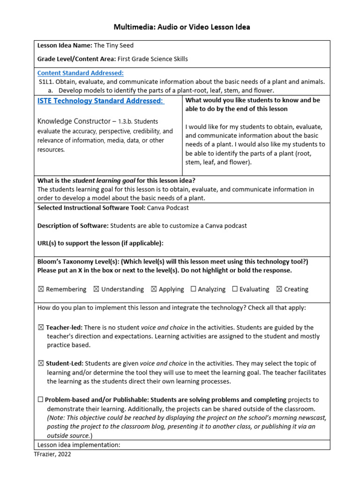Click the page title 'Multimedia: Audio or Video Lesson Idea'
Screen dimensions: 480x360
pos(182,27)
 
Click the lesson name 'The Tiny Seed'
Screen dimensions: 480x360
pos(114,46)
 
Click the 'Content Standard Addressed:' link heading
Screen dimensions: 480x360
pos(81,73)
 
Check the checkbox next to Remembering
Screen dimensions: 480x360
pos(41,289)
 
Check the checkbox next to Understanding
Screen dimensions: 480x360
pos(96,289)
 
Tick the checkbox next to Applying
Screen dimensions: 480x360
pos(154,289)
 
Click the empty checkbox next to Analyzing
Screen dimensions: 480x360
pos(193,289)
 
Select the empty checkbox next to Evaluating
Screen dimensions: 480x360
pos(235,289)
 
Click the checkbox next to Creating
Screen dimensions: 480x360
pos(279,289)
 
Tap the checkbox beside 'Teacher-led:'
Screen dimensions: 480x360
pos(41,328)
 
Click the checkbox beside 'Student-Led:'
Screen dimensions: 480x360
pos(41,363)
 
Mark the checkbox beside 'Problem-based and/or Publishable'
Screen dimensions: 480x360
pos(41,400)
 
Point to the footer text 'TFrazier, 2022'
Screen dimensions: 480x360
pos(52,455)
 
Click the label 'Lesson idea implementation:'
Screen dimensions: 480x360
pos(79,445)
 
